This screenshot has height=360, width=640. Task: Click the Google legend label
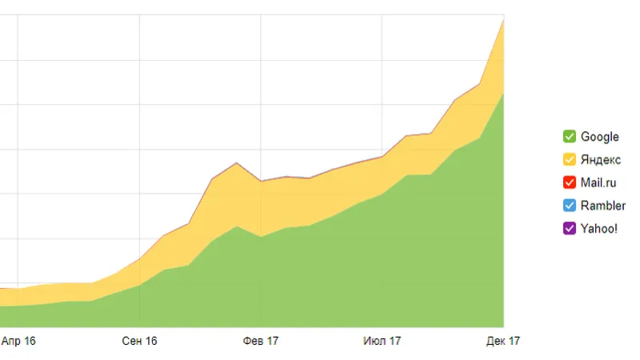(599, 137)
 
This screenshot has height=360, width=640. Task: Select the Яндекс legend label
(600, 160)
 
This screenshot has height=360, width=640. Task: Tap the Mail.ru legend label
(598, 182)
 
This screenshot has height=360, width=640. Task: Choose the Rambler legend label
(602, 206)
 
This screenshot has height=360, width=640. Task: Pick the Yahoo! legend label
(598, 228)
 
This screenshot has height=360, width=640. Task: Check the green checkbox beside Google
(570, 137)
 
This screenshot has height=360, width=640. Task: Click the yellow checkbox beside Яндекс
(570, 160)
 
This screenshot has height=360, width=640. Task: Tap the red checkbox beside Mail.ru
(570, 182)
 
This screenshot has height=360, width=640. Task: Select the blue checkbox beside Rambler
(570, 206)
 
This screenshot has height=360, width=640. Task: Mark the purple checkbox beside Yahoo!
(570, 228)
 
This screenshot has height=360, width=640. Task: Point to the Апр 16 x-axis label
(18, 341)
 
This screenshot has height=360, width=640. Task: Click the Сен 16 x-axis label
(139, 341)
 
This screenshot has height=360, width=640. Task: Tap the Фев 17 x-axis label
(261, 341)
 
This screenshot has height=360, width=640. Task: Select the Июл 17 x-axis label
(382, 341)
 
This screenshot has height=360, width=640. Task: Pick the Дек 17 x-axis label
(503, 341)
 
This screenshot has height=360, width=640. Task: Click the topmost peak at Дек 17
(503, 18)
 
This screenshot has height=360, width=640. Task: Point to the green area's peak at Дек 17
(503, 93)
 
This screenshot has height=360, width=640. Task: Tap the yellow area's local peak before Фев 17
(236, 162)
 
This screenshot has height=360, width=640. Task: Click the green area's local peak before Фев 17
(236, 226)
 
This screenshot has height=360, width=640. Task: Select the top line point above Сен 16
(139, 258)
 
